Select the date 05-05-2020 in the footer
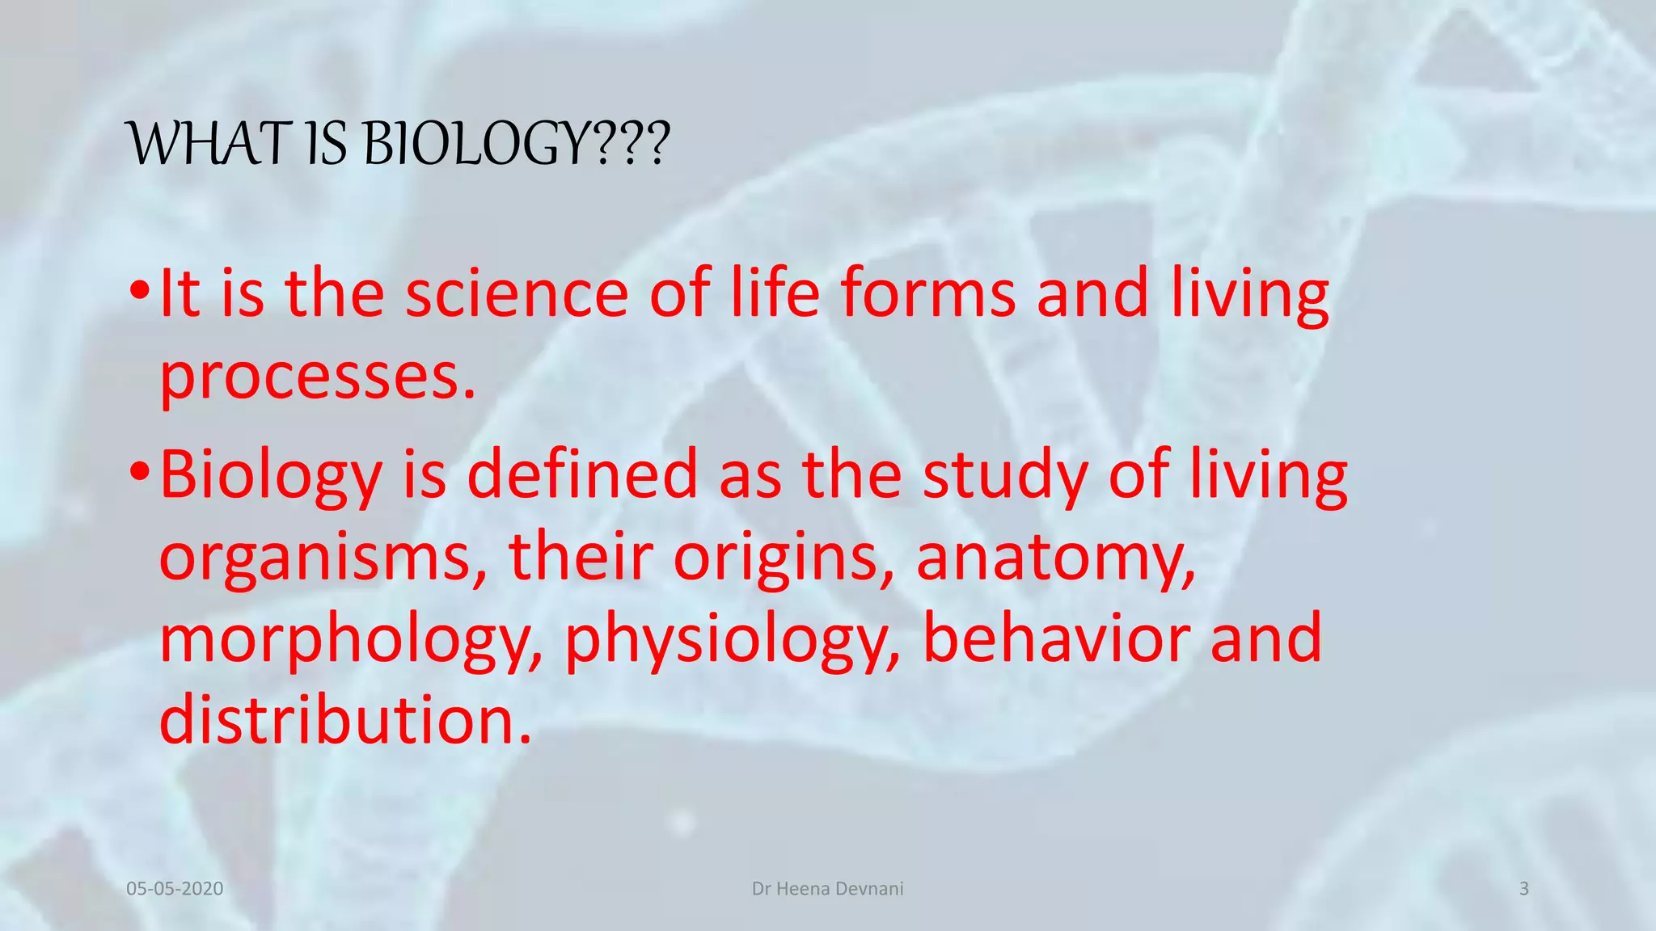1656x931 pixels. click(x=175, y=889)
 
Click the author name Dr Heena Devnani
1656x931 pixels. click(x=827, y=889)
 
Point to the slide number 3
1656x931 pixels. click(x=1523, y=889)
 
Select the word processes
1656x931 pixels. click(x=318, y=377)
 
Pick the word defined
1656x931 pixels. click(x=582, y=475)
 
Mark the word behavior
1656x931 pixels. click(x=1055, y=638)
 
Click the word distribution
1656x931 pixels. click(x=345, y=719)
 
